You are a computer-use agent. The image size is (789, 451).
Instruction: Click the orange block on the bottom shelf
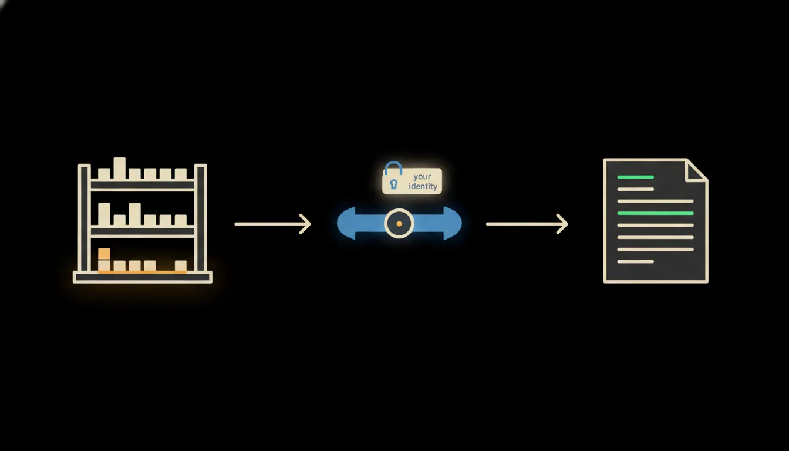104,254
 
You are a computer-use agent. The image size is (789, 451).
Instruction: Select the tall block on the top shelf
119,168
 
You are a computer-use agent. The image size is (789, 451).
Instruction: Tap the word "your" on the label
422,177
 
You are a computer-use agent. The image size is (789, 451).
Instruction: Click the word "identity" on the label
423,186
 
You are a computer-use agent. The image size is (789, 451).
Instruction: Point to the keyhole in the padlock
394,184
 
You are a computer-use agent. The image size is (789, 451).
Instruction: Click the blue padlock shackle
393,168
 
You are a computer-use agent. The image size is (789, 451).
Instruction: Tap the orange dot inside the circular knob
399,224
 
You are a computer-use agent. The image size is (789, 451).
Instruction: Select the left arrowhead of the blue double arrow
346,223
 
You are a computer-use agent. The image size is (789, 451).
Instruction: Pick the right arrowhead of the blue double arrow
452,223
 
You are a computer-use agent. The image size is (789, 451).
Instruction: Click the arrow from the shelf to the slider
272,224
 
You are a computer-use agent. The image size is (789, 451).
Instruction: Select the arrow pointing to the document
527,224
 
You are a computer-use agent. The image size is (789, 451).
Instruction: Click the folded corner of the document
696,170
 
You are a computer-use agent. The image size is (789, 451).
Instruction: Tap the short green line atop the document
635,177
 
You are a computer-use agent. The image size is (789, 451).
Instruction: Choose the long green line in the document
656,213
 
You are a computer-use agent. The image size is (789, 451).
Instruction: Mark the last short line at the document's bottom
635,261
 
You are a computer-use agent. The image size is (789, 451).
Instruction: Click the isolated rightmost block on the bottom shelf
181,265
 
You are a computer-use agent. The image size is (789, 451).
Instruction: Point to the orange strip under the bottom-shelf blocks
142,272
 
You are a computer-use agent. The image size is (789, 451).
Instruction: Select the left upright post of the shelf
84,218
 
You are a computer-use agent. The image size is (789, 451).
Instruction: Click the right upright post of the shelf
200,218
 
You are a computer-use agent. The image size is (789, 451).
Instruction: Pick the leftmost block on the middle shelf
104,214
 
